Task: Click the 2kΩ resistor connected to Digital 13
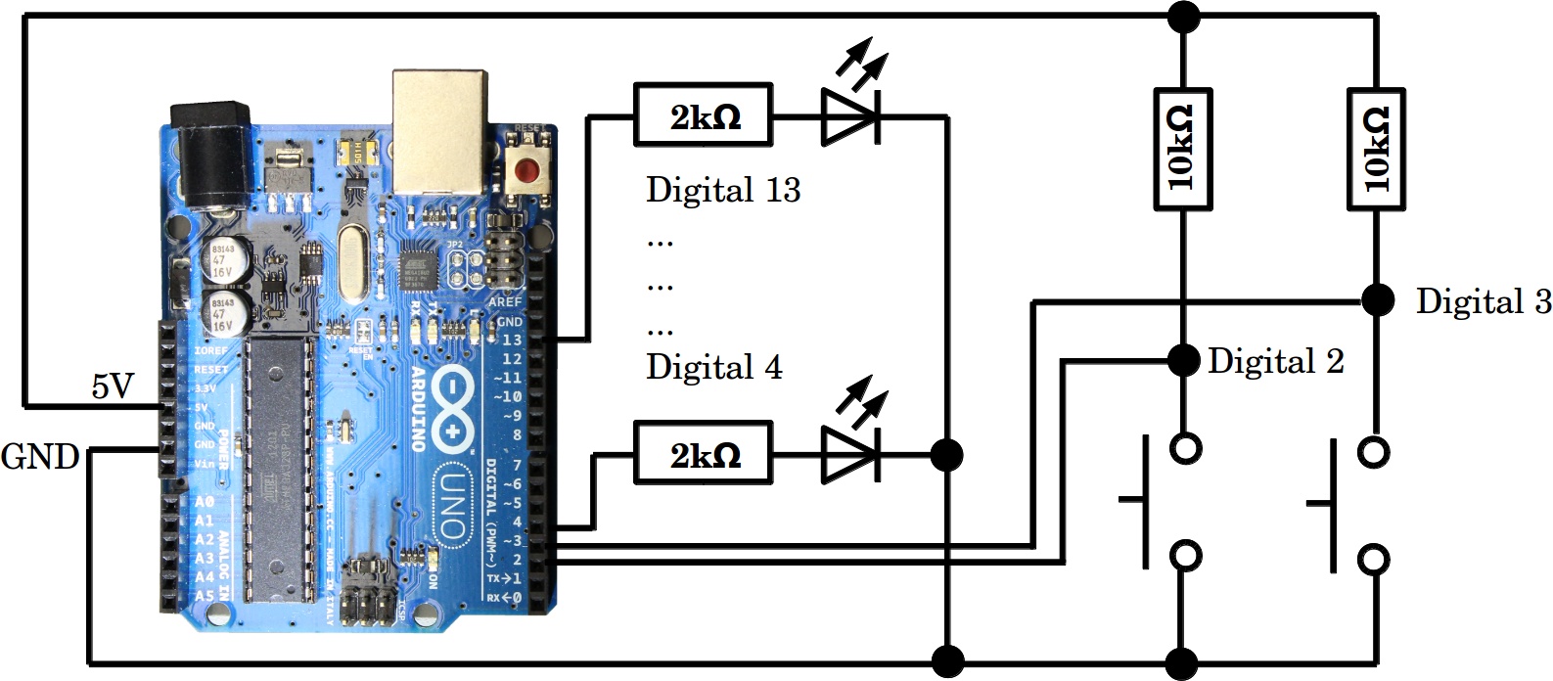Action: tap(703, 116)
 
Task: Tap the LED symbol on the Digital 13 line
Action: tap(849, 114)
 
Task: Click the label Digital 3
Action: tap(1483, 301)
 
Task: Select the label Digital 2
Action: tap(1275, 361)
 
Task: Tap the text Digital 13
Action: tap(723, 190)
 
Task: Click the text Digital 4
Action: tap(714, 367)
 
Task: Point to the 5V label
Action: tap(112, 387)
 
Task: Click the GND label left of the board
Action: tap(40, 457)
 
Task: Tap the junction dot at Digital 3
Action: tap(1377, 299)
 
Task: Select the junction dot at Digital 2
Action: tap(1183, 360)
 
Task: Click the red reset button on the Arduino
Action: tap(527, 170)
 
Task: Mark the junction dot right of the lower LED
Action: tap(946, 454)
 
